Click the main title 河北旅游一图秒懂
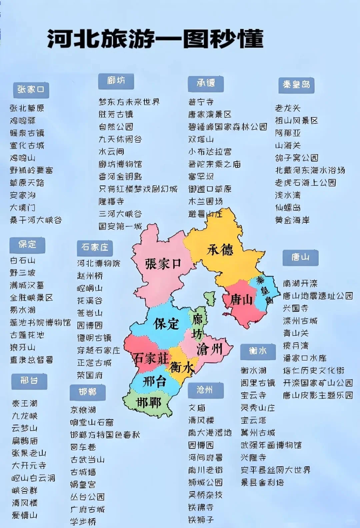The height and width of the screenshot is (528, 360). tap(155, 39)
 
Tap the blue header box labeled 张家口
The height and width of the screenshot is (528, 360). tap(31, 89)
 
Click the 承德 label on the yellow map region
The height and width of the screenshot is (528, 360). tap(220, 249)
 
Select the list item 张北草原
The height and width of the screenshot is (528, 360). tap(27, 108)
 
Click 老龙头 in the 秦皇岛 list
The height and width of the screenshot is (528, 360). tap(288, 108)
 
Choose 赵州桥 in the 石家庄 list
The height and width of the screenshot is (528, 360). tap(90, 276)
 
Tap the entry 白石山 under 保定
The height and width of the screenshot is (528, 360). tap(23, 260)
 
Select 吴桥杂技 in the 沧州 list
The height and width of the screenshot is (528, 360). tap(205, 495)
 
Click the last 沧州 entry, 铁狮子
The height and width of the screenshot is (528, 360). tap(201, 520)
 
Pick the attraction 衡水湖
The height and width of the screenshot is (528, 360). tap(254, 371)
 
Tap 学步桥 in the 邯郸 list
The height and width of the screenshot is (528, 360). tap(83, 522)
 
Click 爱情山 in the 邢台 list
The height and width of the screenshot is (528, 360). tap(25, 515)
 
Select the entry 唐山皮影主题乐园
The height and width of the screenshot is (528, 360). tap(318, 396)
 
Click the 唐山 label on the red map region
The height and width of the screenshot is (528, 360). tap(241, 300)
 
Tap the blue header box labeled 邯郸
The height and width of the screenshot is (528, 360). tap(88, 392)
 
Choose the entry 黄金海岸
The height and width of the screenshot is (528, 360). tap(292, 220)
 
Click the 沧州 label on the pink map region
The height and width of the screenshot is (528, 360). tap(210, 350)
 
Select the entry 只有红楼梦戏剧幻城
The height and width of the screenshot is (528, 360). tap(138, 189)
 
